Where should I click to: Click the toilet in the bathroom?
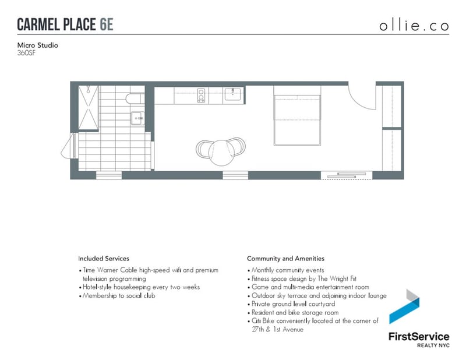(135, 98)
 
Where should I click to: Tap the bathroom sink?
(137, 118)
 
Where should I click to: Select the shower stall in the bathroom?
(89, 107)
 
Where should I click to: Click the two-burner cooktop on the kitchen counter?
(201, 96)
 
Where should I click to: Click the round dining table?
(221, 153)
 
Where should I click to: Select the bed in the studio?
(297, 116)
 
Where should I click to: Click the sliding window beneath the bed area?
(347, 175)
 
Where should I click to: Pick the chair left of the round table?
(203, 150)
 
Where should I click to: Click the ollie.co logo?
(414, 26)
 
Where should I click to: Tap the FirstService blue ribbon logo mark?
(404, 306)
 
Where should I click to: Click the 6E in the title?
(107, 24)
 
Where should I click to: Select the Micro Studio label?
(37, 45)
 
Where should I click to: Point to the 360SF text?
(26, 53)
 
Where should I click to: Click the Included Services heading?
(104, 259)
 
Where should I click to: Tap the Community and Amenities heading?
(285, 259)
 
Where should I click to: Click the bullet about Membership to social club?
(117, 296)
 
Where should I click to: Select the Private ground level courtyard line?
(291, 304)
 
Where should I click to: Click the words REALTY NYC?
(433, 345)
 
